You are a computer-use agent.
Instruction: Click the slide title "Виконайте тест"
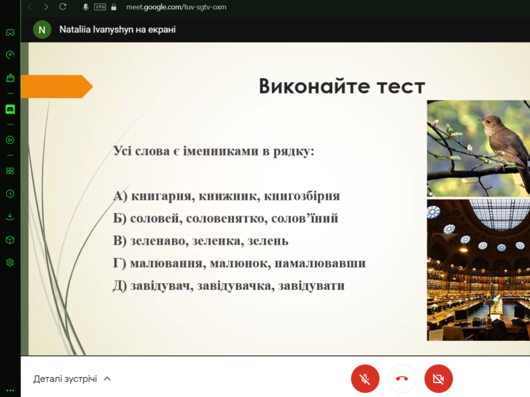tap(341, 87)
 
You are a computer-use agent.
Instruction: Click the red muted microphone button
tap(365, 379)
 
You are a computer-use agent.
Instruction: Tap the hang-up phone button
tap(401, 379)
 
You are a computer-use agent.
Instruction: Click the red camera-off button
tap(439, 379)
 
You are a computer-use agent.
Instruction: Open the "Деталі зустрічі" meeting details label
tap(66, 379)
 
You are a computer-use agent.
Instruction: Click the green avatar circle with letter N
tap(42, 30)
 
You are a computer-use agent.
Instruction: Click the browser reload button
tap(63, 7)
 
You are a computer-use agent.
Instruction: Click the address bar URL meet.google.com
tap(173, 7)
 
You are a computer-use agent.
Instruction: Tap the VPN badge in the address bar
tap(100, 7)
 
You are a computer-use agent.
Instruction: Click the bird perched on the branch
tap(503, 139)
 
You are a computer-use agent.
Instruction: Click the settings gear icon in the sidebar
tap(10, 263)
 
